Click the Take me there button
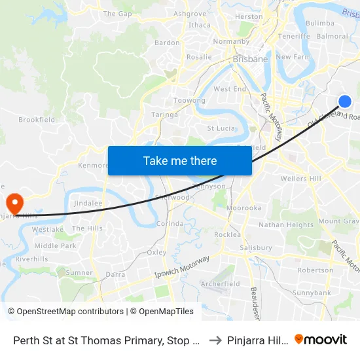pos(180,161)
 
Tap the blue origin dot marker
pos(345,101)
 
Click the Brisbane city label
pos(250,59)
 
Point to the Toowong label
pos(189,101)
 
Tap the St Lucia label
pos(221,128)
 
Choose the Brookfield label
pos(37,120)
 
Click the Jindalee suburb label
pos(88,204)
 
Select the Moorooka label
pos(243,208)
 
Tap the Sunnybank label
pos(312,293)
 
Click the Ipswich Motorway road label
pos(182,268)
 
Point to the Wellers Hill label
pos(300,179)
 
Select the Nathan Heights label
pos(286,225)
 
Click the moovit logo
pos(321,339)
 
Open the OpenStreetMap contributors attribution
pos(65,312)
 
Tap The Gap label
pos(118,13)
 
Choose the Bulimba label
pos(320,23)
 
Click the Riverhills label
pos(32,259)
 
